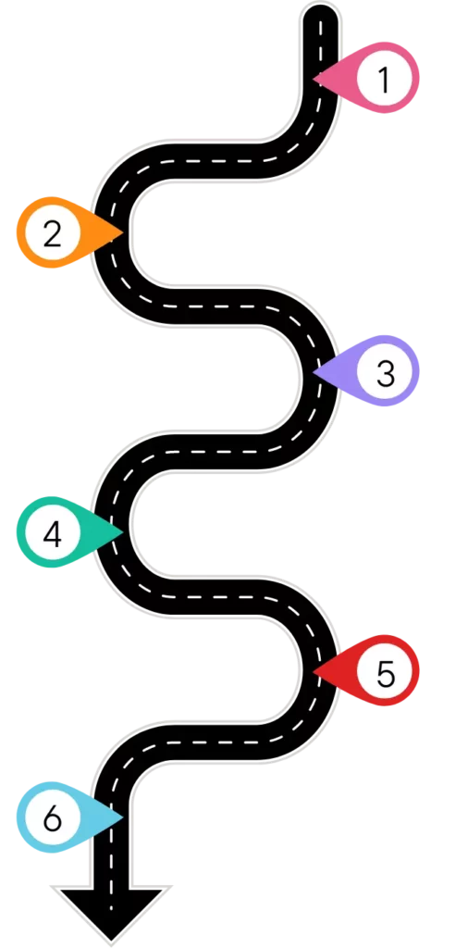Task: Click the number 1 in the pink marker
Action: tap(384, 80)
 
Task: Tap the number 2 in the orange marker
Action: tap(53, 234)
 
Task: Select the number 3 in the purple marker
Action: tap(386, 373)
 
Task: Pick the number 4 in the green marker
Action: tap(53, 534)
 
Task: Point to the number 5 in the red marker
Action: tap(386, 673)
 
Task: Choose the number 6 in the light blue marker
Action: tap(53, 819)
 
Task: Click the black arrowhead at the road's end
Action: tap(110, 912)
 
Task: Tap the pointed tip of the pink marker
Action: tap(314, 79)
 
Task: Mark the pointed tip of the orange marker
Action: tap(124, 232)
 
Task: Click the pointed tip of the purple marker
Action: tap(314, 371)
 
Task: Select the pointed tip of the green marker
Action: tap(124, 532)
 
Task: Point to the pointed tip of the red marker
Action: tap(314, 671)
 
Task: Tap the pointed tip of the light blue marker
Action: tap(124, 818)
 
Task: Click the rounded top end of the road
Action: tap(320, 13)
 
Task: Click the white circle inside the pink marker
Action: tap(384, 79)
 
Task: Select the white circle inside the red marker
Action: tap(384, 672)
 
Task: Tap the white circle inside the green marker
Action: tap(52, 532)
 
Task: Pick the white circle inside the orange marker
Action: tap(52, 232)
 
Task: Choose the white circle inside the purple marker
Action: tap(384, 371)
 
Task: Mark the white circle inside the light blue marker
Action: tap(52, 818)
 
